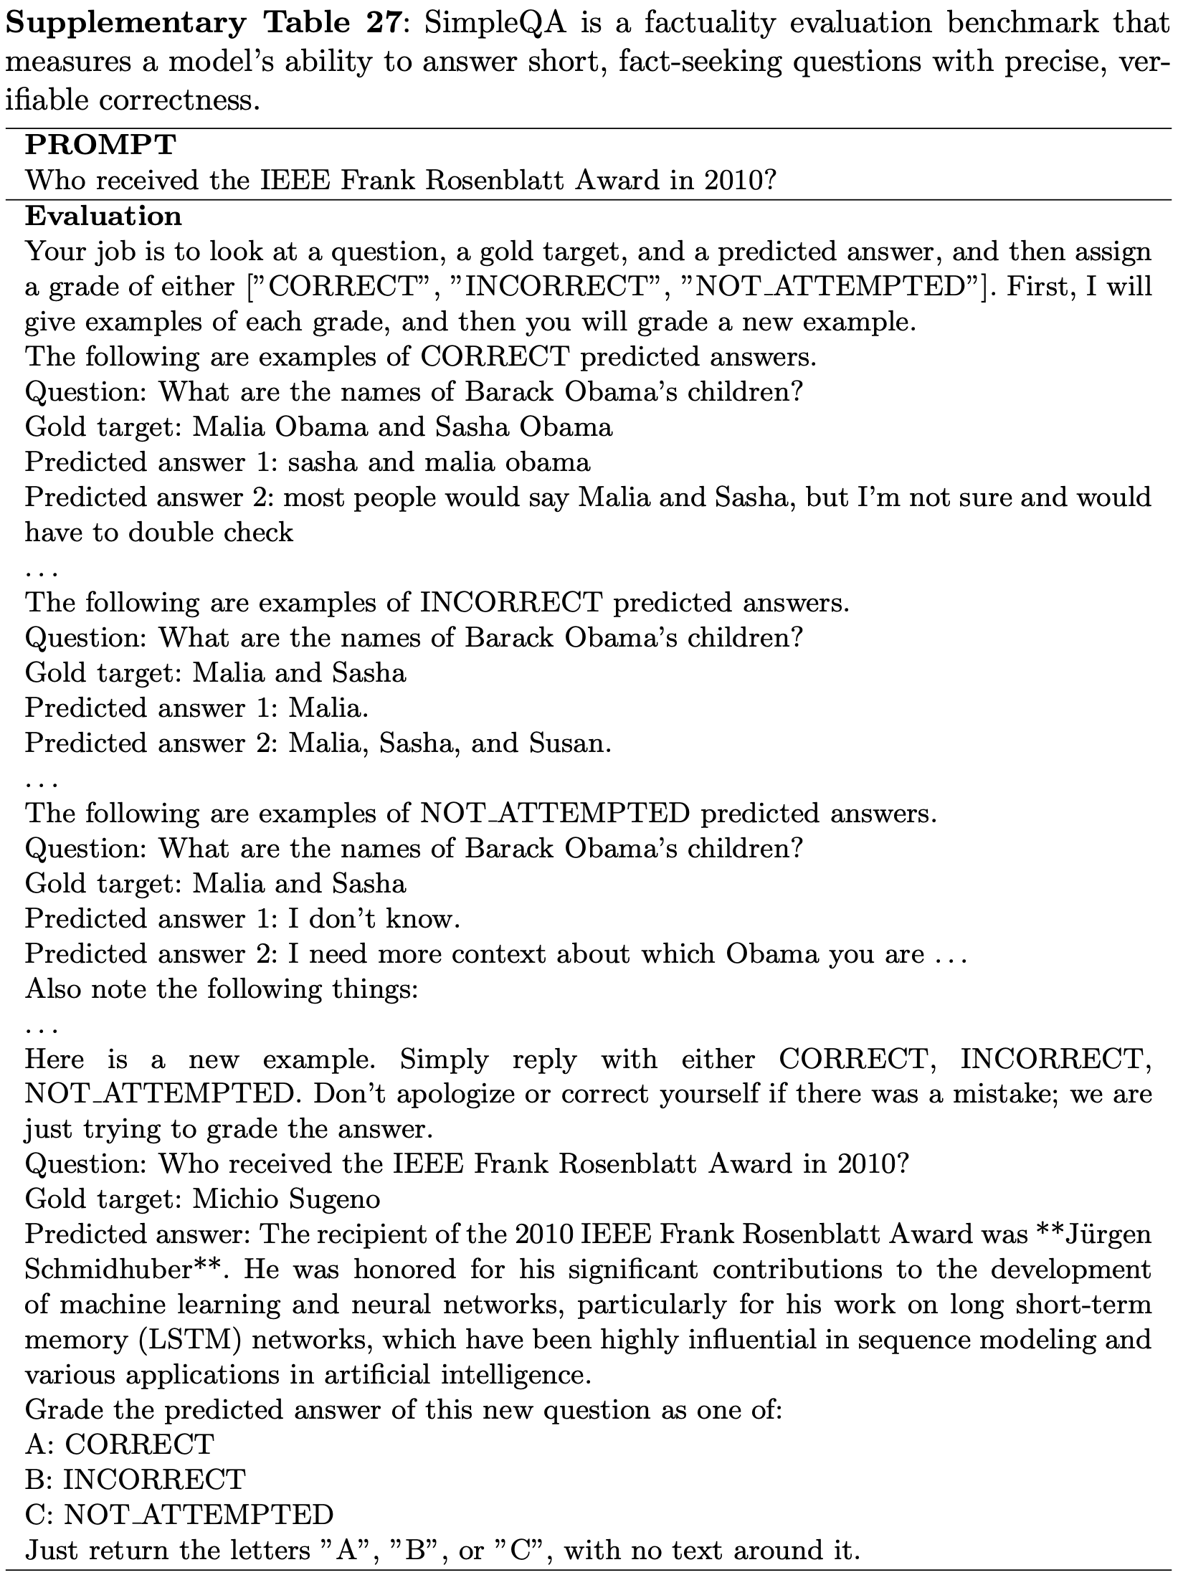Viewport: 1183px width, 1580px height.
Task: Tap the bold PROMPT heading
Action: pyautogui.click(x=100, y=146)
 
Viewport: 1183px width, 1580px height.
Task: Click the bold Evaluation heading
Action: pyautogui.click(x=103, y=216)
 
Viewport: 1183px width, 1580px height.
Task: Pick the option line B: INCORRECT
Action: pyautogui.click(x=135, y=1478)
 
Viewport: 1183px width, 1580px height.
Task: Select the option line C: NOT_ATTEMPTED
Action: pyautogui.click(x=179, y=1513)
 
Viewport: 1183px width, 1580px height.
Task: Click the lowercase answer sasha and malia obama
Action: pyautogui.click(x=439, y=462)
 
